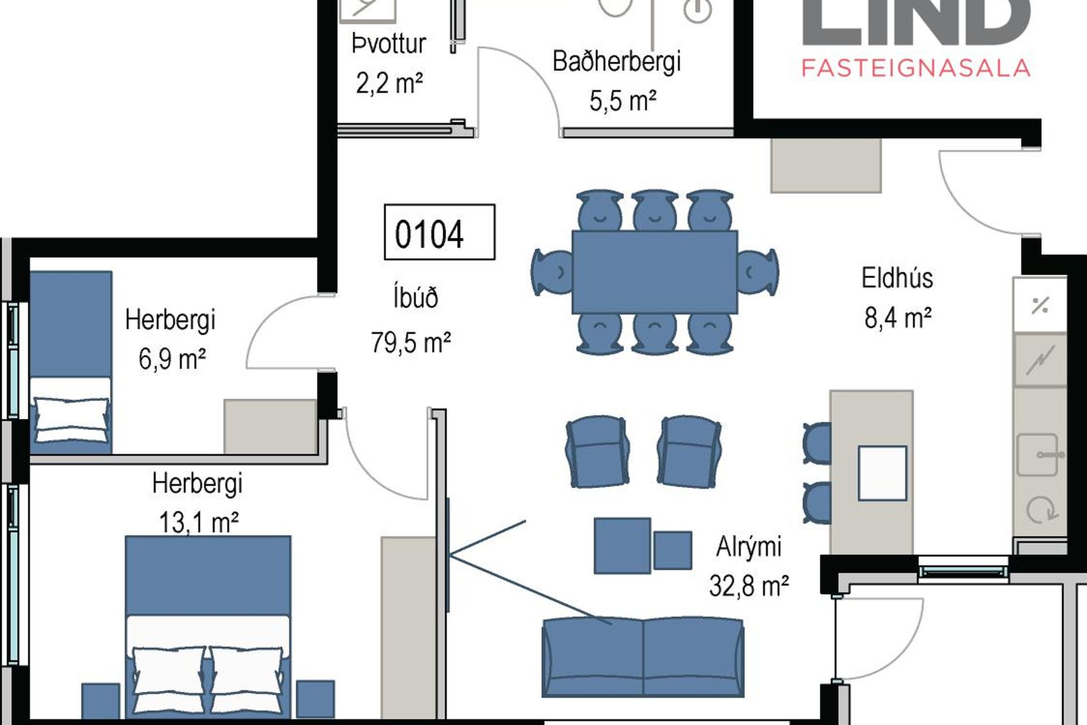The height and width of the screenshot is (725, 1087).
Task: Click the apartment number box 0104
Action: click(439, 232)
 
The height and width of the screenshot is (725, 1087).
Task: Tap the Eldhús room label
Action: click(897, 278)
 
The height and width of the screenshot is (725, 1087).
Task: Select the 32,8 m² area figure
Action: click(748, 586)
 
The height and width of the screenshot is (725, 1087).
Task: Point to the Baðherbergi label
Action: click(617, 61)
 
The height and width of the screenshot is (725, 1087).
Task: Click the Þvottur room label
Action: click(388, 44)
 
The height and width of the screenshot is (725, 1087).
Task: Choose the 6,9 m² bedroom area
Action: click(172, 359)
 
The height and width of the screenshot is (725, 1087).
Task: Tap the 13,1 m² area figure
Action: click(198, 522)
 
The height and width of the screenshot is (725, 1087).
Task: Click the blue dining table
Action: click(654, 272)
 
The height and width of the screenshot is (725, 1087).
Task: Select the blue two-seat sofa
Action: click(643, 658)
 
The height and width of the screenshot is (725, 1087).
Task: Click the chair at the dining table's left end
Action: click(552, 272)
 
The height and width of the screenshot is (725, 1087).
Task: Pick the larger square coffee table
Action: click(622, 545)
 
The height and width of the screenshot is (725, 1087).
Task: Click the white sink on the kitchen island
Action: click(883, 473)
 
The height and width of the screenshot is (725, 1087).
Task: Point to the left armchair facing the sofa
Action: click(597, 451)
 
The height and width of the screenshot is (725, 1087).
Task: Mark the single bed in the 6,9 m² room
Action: click(71, 362)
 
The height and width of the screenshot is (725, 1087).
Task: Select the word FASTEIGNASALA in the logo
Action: click(915, 68)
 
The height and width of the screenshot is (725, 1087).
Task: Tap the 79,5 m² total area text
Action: click(411, 343)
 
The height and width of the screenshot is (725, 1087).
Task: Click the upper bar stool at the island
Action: click(817, 443)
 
